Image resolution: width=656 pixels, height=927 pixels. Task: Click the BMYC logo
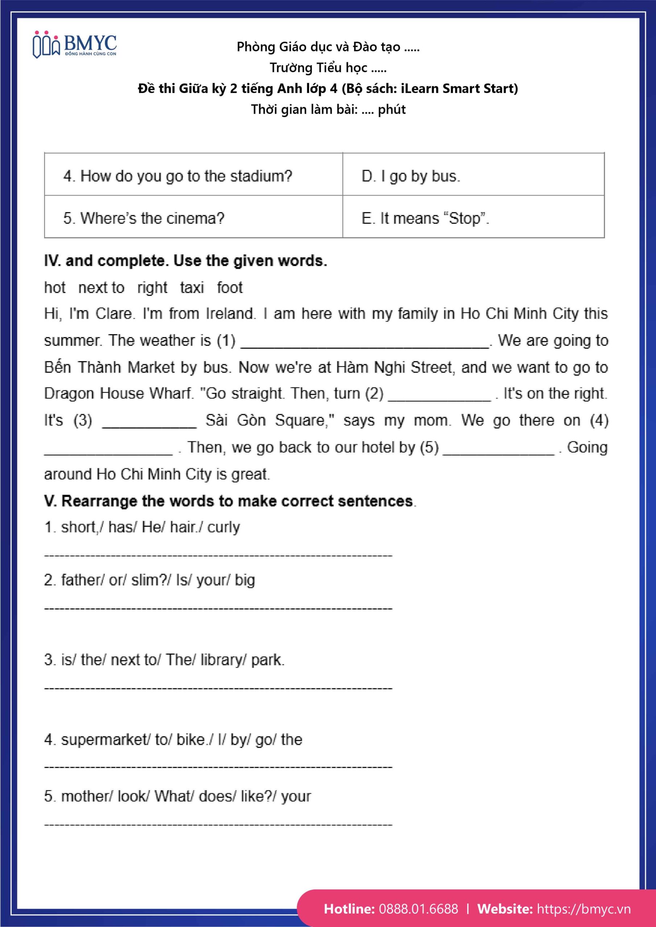click(x=75, y=45)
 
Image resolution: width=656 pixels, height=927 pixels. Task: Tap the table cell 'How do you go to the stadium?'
click(x=178, y=176)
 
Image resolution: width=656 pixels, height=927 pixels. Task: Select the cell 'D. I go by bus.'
click(x=411, y=176)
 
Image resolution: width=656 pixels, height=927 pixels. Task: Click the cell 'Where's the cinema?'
click(x=144, y=218)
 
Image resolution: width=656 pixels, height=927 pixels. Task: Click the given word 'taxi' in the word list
click(x=192, y=288)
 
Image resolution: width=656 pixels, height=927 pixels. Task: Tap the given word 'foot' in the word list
click(x=229, y=288)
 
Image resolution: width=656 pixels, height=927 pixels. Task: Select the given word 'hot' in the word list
click(x=55, y=288)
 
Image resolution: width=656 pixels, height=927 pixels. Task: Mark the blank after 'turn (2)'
click(x=439, y=397)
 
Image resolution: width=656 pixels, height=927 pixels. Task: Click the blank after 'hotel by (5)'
click(x=499, y=450)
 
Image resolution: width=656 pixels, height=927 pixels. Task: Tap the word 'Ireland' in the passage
click(x=231, y=314)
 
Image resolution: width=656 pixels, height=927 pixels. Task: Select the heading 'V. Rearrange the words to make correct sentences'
click(x=229, y=501)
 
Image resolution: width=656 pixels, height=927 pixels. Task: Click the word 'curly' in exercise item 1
click(x=224, y=527)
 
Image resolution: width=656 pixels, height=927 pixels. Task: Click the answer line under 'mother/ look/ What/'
click(x=218, y=825)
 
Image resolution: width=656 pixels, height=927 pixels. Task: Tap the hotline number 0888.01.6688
click(x=418, y=909)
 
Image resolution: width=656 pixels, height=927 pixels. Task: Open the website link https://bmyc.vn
click(x=584, y=909)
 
